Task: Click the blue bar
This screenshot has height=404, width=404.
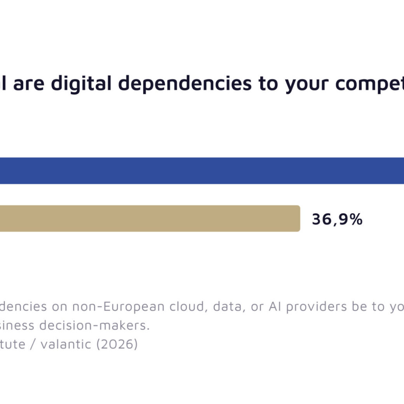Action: pos(202,171)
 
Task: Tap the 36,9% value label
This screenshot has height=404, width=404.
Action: pos(337,219)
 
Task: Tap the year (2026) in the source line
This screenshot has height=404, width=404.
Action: pos(117,344)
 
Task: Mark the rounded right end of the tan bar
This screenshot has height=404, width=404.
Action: pos(298,218)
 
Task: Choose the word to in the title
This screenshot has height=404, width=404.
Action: pos(269,84)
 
